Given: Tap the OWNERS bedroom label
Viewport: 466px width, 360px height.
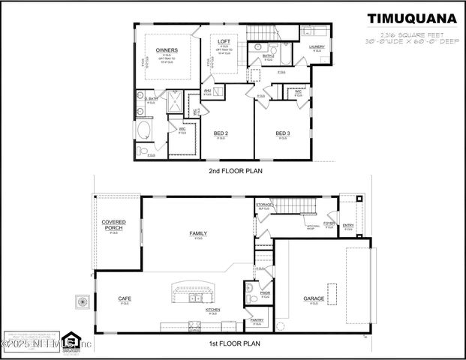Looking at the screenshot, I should [x=167, y=50].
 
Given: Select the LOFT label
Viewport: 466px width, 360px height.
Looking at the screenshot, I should [x=224, y=40].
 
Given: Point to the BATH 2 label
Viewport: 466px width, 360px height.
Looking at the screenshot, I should [x=269, y=56].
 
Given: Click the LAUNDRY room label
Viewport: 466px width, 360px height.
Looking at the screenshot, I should [x=317, y=46].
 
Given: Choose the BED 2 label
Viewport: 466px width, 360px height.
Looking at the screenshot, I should [x=221, y=133].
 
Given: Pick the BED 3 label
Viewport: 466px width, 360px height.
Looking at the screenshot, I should [x=282, y=133].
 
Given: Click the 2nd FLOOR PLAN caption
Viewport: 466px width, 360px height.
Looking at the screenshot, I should [x=235, y=171].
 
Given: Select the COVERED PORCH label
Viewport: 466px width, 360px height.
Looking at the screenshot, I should [x=114, y=225].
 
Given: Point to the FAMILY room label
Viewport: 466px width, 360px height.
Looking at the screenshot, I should [x=198, y=233].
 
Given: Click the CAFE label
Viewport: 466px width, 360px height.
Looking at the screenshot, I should [x=125, y=298].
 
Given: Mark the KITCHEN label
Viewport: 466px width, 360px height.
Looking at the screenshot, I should [x=212, y=309].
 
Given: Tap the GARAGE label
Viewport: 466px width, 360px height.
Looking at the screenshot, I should [x=314, y=298].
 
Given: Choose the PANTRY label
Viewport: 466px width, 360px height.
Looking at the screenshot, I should [x=257, y=320].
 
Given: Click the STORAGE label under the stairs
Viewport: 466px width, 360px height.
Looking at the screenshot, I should [x=264, y=205].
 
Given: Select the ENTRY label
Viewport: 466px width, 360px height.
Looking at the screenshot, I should [x=348, y=225].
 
